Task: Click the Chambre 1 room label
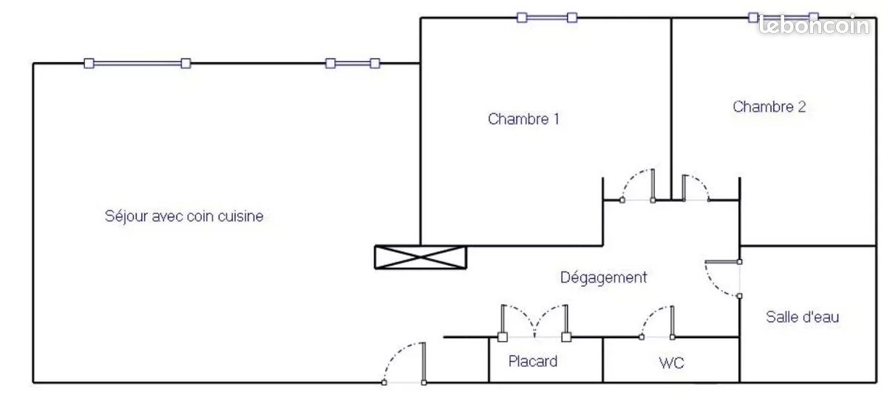pyautogui.click(x=523, y=119)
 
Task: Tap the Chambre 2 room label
pyautogui.click(x=769, y=107)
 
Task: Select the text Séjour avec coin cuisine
pyautogui.click(x=184, y=217)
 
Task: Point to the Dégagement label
pyautogui.click(x=603, y=277)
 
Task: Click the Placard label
pyautogui.click(x=533, y=361)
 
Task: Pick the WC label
pyautogui.click(x=672, y=362)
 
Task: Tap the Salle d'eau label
pyautogui.click(x=802, y=317)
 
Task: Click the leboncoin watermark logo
pyautogui.click(x=814, y=24)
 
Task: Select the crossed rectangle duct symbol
pyautogui.click(x=421, y=257)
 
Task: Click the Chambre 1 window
pyautogui.click(x=547, y=18)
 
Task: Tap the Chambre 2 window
pyautogui.click(x=784, y=18)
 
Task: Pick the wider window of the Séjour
pyautogui.click(x=137, y=64)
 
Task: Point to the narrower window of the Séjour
pyautogui.click(x=353, y=64)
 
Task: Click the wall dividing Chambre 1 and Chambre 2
pyautogui.click(x=672, y=109)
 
